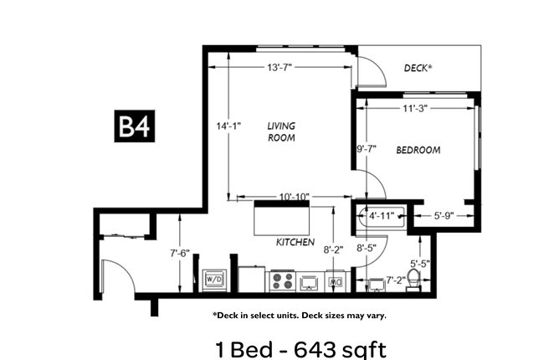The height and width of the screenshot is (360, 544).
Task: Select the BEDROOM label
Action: pyautogui.click(x=418, y=150)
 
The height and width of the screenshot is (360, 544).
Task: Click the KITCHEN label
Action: pyautogui.click(x=295, y=243)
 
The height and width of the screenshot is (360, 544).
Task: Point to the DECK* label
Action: pyautogui.click(x=418, y=69)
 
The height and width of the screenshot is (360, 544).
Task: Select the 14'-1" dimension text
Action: pyautogui.click(x=228, y=126)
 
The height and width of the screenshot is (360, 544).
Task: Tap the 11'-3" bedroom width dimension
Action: pyautogui.click(x=416, y=107)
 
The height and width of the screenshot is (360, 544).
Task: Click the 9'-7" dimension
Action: pyautogui.click(x=367, y=149)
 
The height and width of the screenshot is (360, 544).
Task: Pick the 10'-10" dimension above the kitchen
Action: pyautogui.click(x=283, y=197)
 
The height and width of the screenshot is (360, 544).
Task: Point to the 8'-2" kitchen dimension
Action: pyautogui.click(x=336, y=249)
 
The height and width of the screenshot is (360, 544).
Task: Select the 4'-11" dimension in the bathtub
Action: pyautogui.click(x=382, y=215)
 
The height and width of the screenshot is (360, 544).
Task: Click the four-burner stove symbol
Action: pyautogui.click(x=280, y=280)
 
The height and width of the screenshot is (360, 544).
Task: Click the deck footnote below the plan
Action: pyautogui.click(x=299, y=316)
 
